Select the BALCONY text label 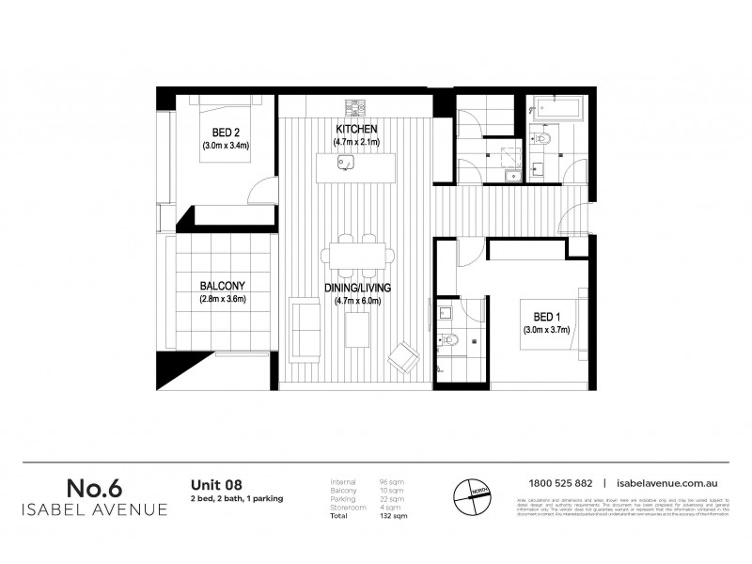[222, 286]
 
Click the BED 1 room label [544, 317]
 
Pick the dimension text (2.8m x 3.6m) [222, 300]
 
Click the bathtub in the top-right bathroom [556, 109]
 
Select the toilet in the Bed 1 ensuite [448, 340]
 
